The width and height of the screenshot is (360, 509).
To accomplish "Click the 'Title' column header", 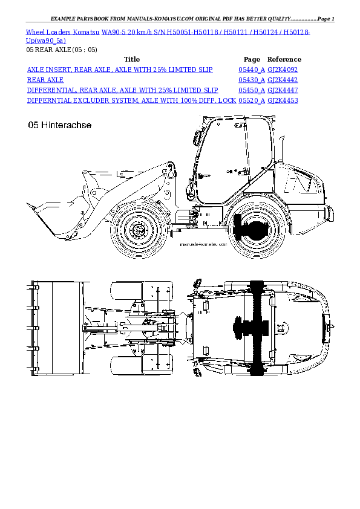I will pos(131,59).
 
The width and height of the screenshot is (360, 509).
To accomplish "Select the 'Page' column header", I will pos(252,59).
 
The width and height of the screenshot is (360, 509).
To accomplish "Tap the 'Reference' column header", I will pos(284,59).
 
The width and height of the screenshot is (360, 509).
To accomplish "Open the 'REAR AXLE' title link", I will pos(45,80).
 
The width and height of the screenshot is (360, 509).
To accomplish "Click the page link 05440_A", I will pos(252,70).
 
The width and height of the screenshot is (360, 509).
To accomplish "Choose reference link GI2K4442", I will pos(283,80).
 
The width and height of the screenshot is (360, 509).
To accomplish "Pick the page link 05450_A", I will pos(252,90).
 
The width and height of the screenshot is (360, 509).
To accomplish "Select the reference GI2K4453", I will pos(283,100).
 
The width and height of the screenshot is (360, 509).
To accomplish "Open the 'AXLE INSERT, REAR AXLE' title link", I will pos(120,70).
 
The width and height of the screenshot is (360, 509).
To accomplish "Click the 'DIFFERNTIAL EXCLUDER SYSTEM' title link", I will pos(132,100).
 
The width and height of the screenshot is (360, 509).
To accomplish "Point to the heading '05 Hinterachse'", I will pos(60,126).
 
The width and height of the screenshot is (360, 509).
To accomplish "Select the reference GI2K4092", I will pos(283,70).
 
